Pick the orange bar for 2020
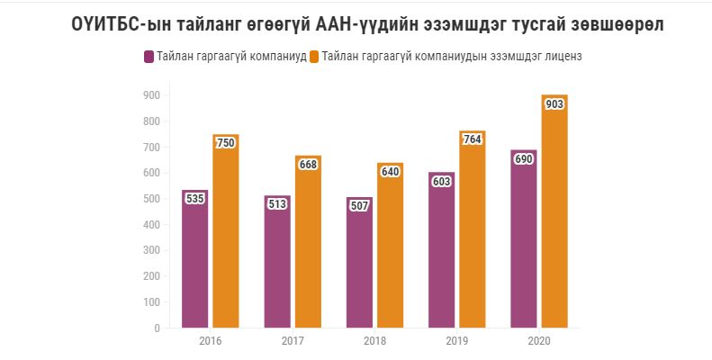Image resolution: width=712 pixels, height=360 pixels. [x=555, y=211]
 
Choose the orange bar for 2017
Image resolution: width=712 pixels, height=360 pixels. [x=309, y=242]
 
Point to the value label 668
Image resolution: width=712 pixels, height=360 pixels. [x=309, y=165]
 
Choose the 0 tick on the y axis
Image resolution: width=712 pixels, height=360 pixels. [x=157, y=328]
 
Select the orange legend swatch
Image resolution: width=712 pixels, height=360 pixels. [x=313, y=57]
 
